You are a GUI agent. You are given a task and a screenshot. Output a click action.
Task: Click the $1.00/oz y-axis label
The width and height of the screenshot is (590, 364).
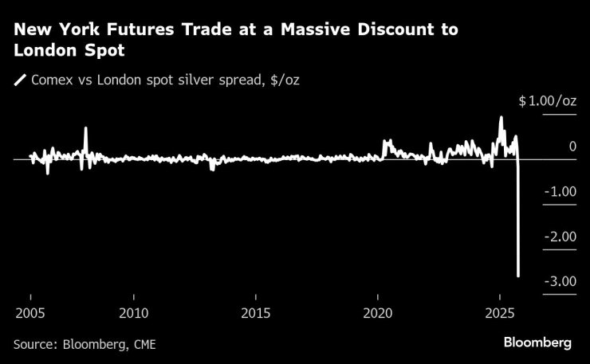pyautogui.click(x=547, y=101)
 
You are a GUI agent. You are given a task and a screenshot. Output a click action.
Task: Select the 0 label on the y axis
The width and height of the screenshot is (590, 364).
pyautogui.click(x=572, y=147)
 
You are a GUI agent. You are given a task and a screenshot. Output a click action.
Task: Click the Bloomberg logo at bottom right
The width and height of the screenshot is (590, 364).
pyautogui.click(x=537, y=342)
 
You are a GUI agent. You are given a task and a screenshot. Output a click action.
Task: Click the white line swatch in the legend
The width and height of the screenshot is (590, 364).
pyautogui.click(x=19, y=80)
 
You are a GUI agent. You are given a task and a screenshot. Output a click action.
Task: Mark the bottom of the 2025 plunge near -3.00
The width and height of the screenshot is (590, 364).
pyautogui.click(x=519, y=276)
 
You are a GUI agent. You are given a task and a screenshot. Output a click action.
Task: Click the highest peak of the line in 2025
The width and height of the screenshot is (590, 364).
pyautogui.click(x=501, y=117)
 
